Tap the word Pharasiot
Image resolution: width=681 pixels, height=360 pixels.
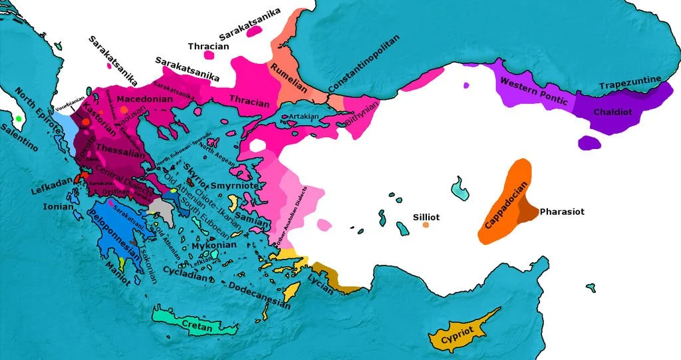[x=562, y=212]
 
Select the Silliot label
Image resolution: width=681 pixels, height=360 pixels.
[x=426, y=217]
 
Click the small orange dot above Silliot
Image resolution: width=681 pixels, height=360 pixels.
[x=426, y=225]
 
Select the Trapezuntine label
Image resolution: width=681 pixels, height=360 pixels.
[x=630, y=83]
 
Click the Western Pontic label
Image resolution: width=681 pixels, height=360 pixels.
[x=533, y=92]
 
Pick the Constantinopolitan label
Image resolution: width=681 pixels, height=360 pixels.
[x=363, y=64]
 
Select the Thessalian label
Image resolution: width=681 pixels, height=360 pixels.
[x=119, y=147]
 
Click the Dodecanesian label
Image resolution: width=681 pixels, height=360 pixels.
[x=259, y=294]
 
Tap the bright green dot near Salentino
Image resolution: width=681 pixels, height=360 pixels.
[x=19, y=118]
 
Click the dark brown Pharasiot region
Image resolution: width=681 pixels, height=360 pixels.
[x=528, y=212]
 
